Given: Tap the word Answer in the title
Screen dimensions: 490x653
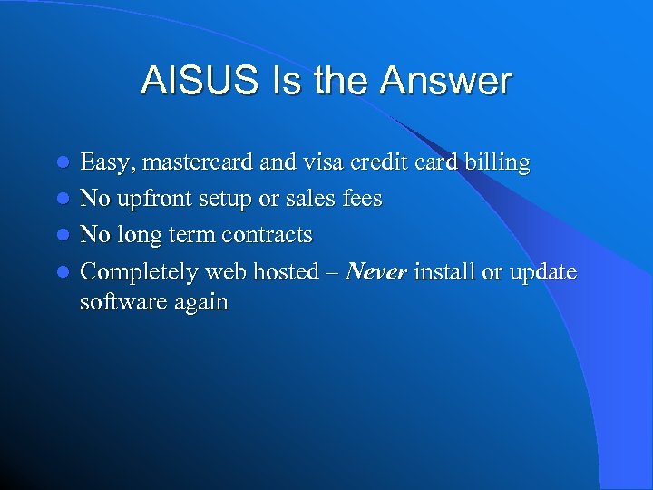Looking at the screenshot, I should tap(446, 82).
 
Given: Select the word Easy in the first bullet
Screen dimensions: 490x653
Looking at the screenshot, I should tap(105, 163).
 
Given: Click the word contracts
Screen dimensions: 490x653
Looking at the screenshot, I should tap(264, 235).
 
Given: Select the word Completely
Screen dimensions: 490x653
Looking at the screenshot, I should tap(141, 271).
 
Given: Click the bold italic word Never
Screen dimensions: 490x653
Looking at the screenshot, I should tap(377, 271).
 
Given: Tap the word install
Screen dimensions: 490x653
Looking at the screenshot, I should tap(444, 271).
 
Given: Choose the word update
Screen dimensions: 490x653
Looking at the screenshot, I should tap(542, 271).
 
